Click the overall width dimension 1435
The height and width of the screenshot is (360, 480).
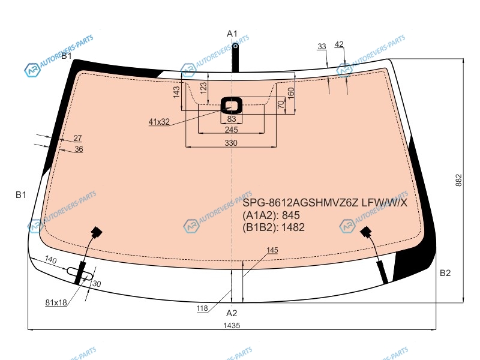coord(232,325)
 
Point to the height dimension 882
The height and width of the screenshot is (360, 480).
coord(458,181)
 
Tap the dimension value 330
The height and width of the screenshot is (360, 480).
coord(231,143)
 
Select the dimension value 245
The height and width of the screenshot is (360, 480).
coord(231,130)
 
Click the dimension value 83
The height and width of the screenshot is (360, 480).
coord(232,119)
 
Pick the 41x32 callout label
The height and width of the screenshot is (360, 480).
coord(159,122)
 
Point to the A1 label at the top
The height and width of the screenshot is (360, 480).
coord(232,34)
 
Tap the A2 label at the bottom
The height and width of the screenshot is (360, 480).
coord(232,313)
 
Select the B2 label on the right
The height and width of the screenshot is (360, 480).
coord(445,273)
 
